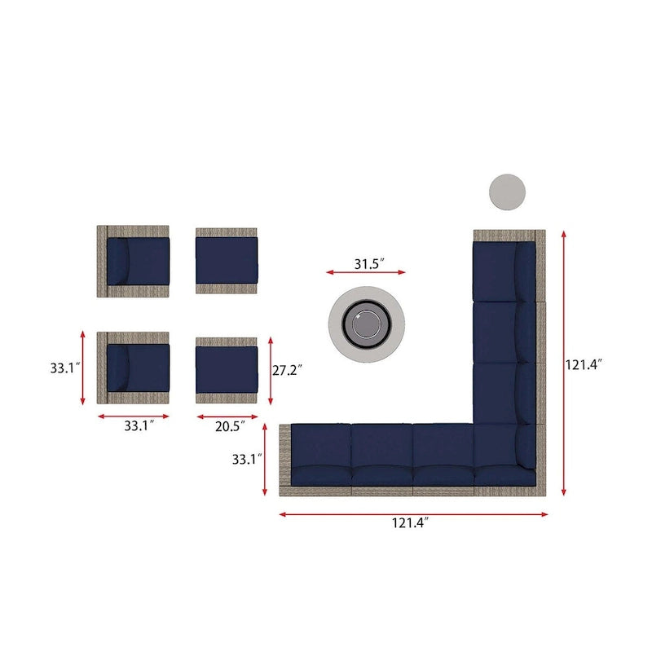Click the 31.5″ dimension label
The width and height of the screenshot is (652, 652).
pos(369,263)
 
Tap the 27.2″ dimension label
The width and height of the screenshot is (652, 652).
pos(288,370)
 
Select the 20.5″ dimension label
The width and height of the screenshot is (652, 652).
pos(231,426)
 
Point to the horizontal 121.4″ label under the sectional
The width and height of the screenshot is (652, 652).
pos(410,522)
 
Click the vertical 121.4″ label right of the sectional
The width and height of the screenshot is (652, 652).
pos(584,364)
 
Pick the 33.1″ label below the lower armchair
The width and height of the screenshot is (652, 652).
pos(139,425)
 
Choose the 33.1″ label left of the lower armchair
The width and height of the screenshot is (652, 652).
pos(65,368)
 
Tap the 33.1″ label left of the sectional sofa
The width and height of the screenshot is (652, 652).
pos(247,459)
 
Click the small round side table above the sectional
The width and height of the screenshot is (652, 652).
pos(507,192)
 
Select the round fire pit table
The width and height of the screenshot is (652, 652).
pos(366,324)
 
